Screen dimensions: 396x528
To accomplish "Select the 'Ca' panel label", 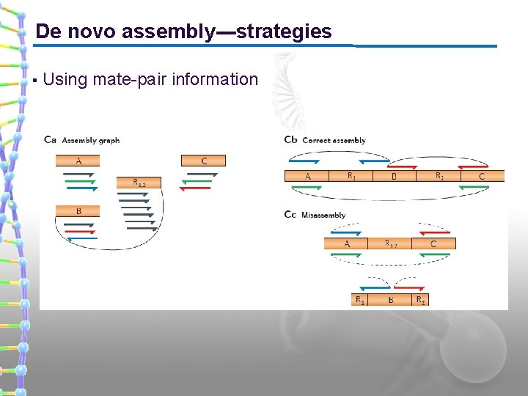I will pos(51,140).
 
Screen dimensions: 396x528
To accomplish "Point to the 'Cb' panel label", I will pos(290,140).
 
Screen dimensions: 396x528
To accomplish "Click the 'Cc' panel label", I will pos(290,215).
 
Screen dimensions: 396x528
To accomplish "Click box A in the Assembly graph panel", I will pos(78,161).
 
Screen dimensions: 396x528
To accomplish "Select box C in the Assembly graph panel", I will pos(203,161).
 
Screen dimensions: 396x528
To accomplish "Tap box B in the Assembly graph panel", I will pos(78,210).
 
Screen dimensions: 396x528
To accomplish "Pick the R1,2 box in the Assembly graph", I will pos(138,182).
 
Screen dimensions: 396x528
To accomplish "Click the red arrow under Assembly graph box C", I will pos(195,188).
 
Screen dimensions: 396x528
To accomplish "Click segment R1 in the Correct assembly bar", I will pos(351,175).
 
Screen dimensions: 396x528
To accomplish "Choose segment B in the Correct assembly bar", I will pos(394,175).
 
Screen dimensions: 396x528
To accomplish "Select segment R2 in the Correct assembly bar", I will pos(439,175).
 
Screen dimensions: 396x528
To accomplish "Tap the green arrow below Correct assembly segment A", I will pos(307,188).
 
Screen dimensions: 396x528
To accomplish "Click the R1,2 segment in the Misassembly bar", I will pos(389,243).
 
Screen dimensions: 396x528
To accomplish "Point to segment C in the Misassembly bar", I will pos(433,243).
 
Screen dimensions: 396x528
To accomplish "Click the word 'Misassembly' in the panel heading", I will pos(323,215).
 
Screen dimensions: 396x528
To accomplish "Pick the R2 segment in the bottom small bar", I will pos(420,299).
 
